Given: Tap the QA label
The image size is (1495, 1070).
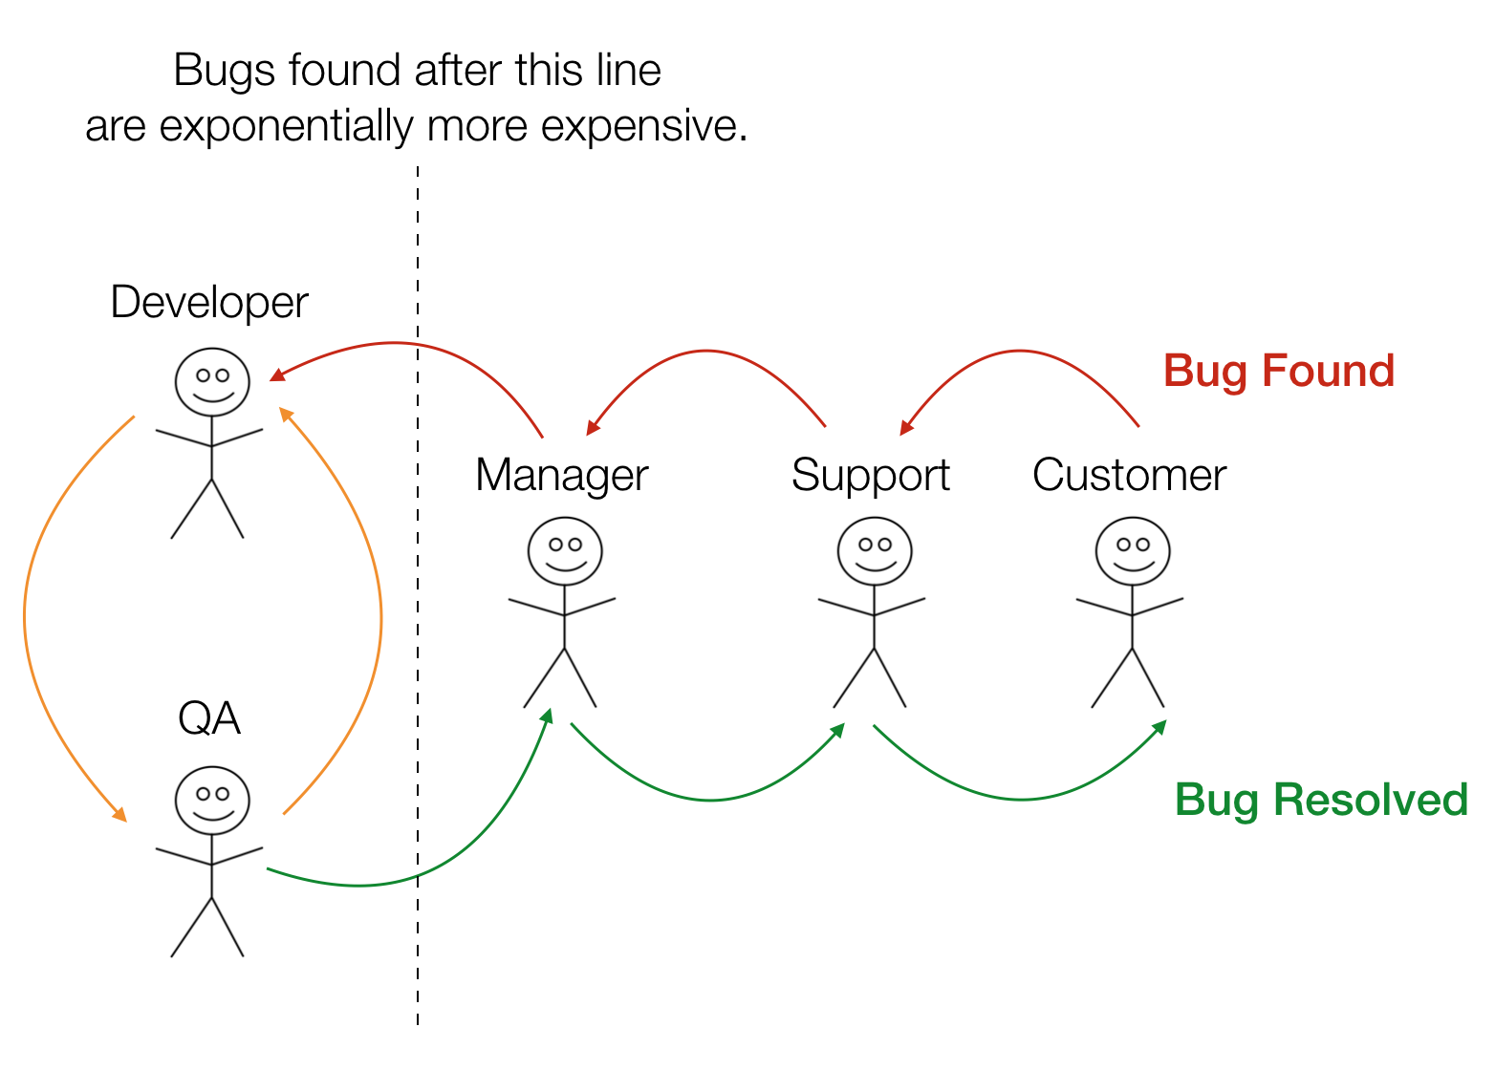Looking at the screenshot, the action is pos(209,718).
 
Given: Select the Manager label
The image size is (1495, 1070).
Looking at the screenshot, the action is pos(561,477).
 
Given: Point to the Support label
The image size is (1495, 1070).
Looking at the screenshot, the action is pos(870,477).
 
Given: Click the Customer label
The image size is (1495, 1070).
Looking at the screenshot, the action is pos(1129,475).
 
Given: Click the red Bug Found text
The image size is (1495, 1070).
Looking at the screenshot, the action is pos(1279,372).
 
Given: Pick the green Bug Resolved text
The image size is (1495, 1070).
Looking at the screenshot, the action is pos(1321,800).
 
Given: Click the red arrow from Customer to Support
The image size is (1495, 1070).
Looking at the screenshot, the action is pos(1018,351).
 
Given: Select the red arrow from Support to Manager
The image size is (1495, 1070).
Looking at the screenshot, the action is pos(706,351).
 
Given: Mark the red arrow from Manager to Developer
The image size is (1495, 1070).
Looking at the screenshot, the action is pos(401,344).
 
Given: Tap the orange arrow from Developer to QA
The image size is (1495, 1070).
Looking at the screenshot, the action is pos(26,617).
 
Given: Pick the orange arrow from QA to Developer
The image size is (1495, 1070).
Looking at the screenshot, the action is pos(380,617).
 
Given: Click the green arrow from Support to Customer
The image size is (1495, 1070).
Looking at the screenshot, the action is pos(1021,799).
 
